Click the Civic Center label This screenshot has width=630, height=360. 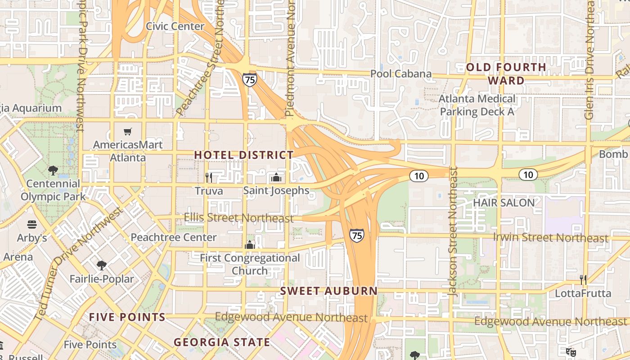(175, 26)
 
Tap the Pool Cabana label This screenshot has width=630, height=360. (400, 74)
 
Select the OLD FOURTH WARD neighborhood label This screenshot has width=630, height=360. (506, 74)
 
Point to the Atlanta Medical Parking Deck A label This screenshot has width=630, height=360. (477, 105)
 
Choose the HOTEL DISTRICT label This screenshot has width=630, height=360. (243, 155)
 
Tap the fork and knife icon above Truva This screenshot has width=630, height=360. (208, 177)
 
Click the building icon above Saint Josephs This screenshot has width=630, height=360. (276, 177)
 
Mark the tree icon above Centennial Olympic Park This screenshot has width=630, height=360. (53, 171)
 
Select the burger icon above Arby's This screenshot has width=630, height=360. (32, 224)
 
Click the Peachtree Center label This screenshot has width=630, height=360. (173, 237)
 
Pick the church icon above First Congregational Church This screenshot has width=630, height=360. (250, 245)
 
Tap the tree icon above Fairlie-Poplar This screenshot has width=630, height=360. (102, 265)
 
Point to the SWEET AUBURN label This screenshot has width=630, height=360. (329, 291)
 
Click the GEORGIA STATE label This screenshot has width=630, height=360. (222, 342)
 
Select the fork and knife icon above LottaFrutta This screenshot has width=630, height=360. (583, 280)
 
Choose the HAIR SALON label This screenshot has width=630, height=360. (504, 202)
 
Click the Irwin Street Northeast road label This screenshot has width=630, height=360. (550, 238)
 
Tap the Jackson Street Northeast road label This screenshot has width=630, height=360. (453, 231)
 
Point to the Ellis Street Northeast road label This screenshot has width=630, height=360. (238, 218)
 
